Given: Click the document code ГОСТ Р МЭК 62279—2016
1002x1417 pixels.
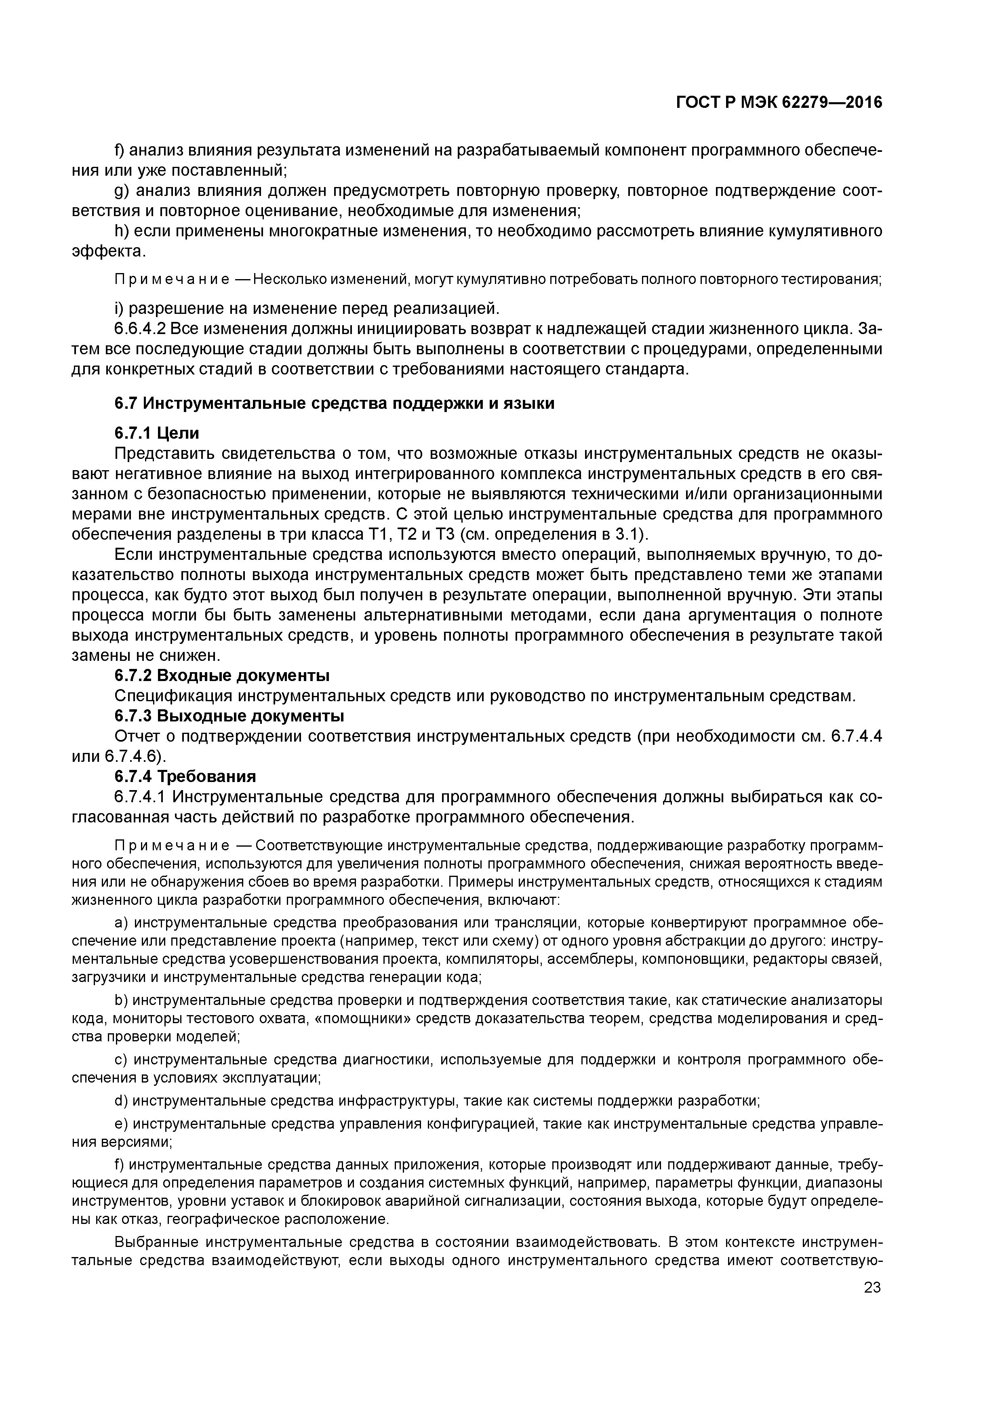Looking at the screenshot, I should [x=779, y=103].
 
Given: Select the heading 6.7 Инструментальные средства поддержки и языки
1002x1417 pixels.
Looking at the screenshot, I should [x=334, y=403].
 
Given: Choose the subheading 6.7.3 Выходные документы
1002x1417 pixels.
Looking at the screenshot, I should [x=229, y=716].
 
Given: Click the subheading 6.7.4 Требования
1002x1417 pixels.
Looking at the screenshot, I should [x=185, y=776].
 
